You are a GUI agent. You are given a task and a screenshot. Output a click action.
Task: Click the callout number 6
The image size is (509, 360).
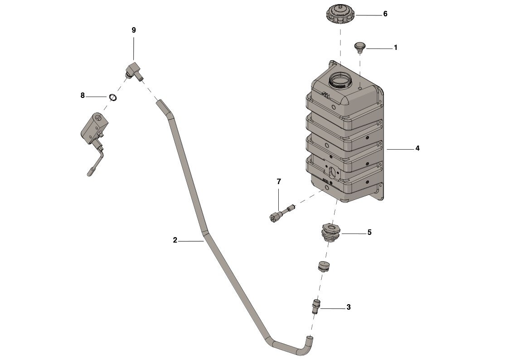(385, 14)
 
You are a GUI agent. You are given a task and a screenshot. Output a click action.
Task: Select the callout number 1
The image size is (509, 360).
(396, 48)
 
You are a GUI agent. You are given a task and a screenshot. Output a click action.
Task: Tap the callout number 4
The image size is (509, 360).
(417, 148)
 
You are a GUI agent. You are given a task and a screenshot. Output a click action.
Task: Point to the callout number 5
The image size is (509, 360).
(369, 233)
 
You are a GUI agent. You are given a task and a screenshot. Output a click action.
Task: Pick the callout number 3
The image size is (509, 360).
(349, 307)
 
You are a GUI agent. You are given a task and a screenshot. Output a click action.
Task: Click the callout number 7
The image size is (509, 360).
(279, 181)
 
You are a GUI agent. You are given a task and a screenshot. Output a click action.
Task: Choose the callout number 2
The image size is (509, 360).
(175, 240)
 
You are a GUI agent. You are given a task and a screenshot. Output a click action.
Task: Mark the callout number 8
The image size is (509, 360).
(82, 96)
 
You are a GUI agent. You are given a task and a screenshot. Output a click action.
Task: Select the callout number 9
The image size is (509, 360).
(134, 30)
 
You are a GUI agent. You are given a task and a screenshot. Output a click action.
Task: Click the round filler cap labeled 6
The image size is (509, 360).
(340, 14)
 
